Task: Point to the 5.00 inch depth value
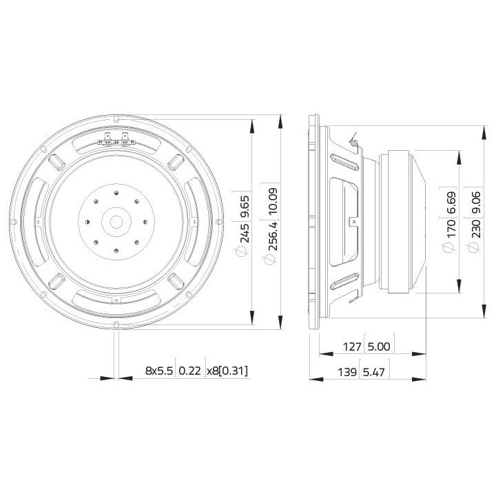382,347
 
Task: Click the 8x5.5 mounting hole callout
158,371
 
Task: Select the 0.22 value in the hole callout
189,371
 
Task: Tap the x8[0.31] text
227,371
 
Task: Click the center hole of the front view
115,221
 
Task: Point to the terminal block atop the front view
115,141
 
